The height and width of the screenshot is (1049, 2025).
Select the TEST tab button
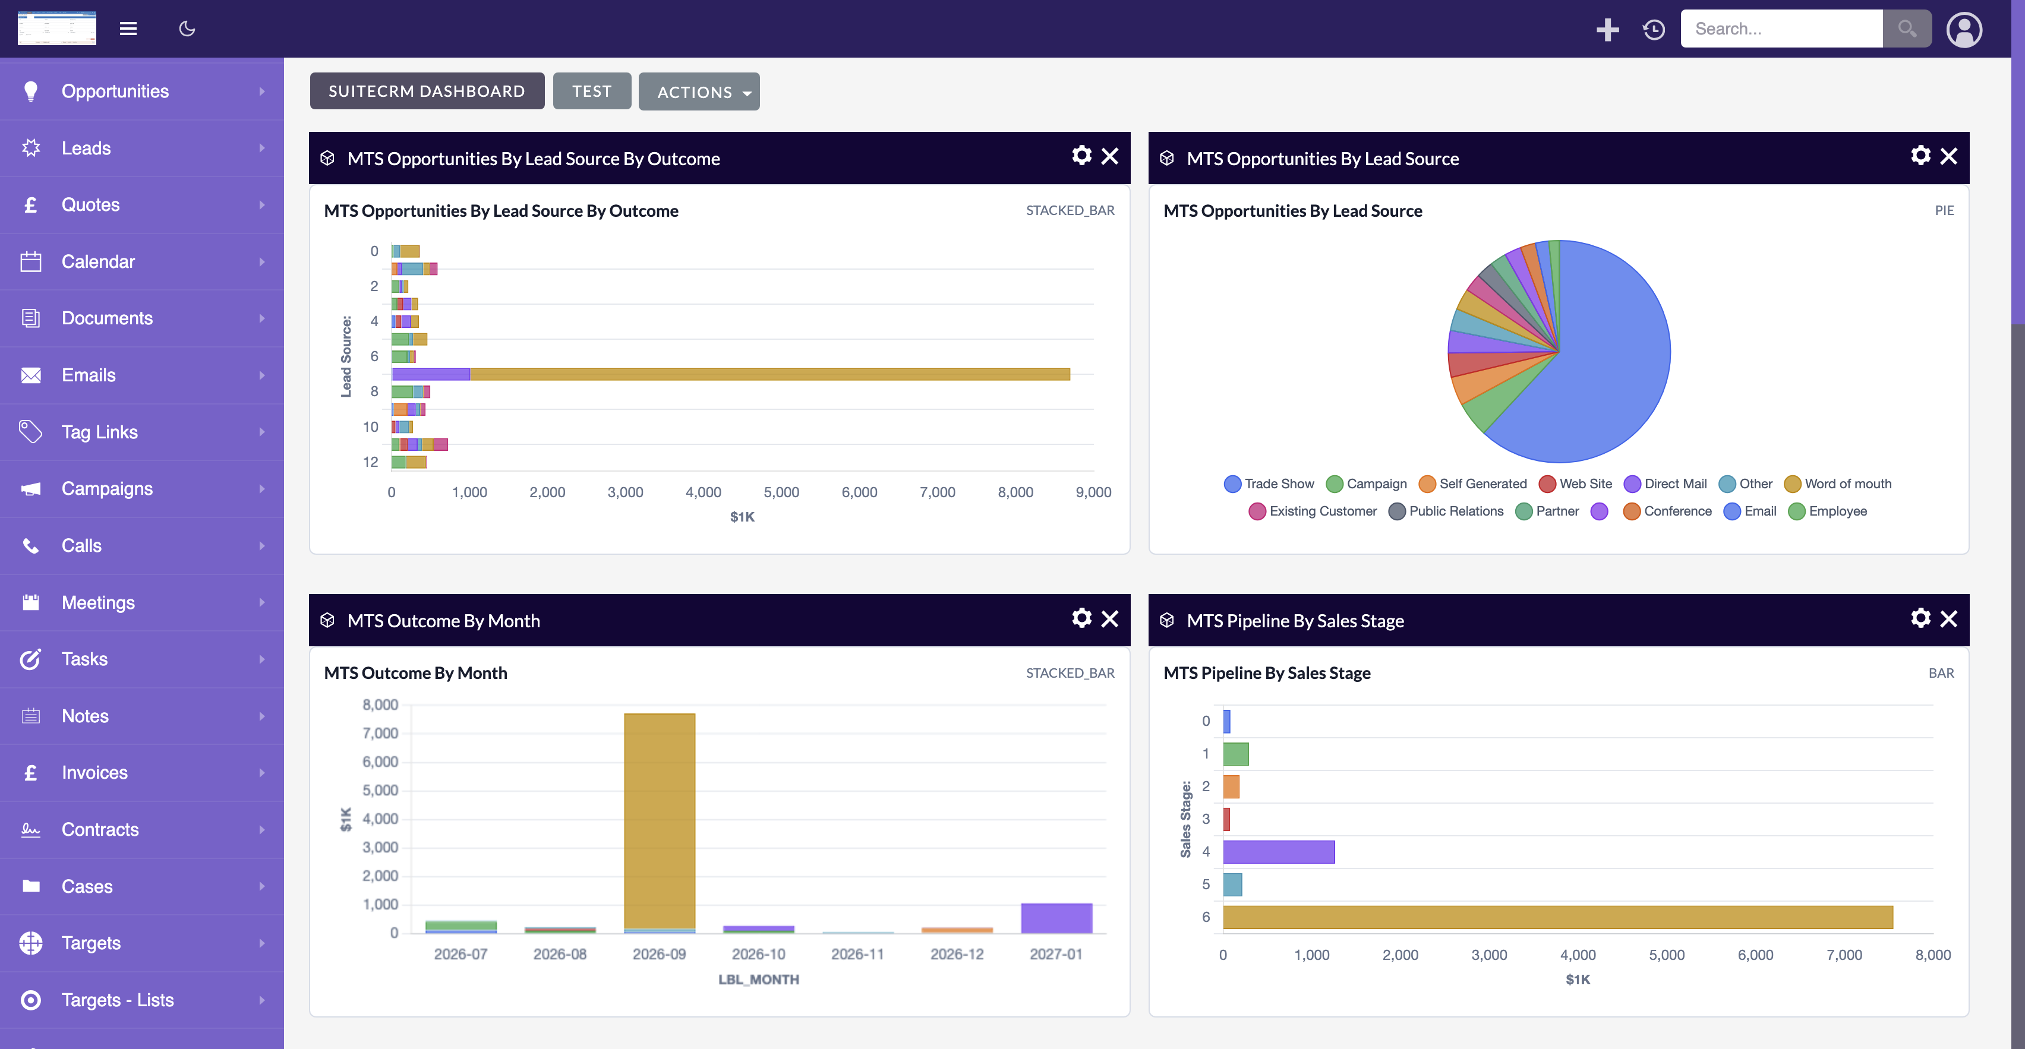(592, 91)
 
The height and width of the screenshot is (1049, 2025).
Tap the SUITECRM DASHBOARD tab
(427, 91)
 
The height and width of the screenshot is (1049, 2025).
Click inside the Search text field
(1781, 29)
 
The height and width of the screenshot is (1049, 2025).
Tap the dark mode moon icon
(187, 29)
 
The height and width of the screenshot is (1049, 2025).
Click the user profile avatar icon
(1964, 30)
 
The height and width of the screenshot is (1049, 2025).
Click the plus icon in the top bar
(1607, 30)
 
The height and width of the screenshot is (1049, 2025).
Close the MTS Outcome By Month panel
(1110, 619)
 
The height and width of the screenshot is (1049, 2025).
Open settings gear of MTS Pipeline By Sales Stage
(1920, 618)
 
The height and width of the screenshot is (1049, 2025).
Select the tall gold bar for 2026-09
(660, 821)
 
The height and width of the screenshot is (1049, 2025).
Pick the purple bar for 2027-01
(1056, 918)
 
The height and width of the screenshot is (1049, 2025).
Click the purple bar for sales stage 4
(1279, 852)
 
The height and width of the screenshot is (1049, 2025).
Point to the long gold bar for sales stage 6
(1558, 917)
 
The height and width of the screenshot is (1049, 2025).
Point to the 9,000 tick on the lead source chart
(1093, 492)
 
